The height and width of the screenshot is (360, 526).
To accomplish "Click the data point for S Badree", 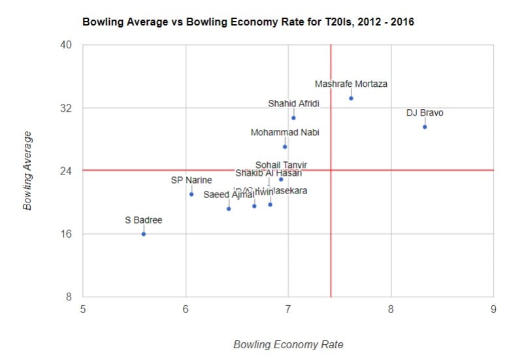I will click(144, 234).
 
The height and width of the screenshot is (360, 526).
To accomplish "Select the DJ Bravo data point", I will click(425, 127).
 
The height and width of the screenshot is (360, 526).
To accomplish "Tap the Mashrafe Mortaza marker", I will click(351, 98).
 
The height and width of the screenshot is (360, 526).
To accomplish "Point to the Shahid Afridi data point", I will click(293, 118).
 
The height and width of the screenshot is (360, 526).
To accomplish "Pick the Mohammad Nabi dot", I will click(285, 146).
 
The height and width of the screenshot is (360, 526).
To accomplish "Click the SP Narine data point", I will click(191, 194).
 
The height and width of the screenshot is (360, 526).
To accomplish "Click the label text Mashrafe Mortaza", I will click(351, 84).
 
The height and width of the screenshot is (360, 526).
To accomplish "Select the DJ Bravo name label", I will click(425, 113).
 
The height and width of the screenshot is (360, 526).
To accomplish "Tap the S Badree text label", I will click(144, 220).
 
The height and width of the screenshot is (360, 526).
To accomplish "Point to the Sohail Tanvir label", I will click(281, 165).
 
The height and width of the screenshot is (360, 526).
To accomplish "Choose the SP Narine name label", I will click(191, 180).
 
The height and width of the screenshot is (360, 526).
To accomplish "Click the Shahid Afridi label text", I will click(293, 104).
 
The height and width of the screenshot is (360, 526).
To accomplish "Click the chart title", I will click(248, 22).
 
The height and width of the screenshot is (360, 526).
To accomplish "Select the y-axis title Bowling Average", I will click(27, 171).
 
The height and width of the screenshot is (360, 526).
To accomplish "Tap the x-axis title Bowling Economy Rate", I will click(288, 344).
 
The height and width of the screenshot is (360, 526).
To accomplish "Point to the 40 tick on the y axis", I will click(67, 45).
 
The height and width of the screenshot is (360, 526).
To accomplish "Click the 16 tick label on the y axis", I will click(67, 234).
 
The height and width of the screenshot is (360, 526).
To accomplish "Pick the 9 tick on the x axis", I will click(493, 309).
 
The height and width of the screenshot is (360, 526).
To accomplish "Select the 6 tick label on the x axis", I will click(186, 309).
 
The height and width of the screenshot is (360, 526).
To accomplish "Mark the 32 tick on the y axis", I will click(67, 108).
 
